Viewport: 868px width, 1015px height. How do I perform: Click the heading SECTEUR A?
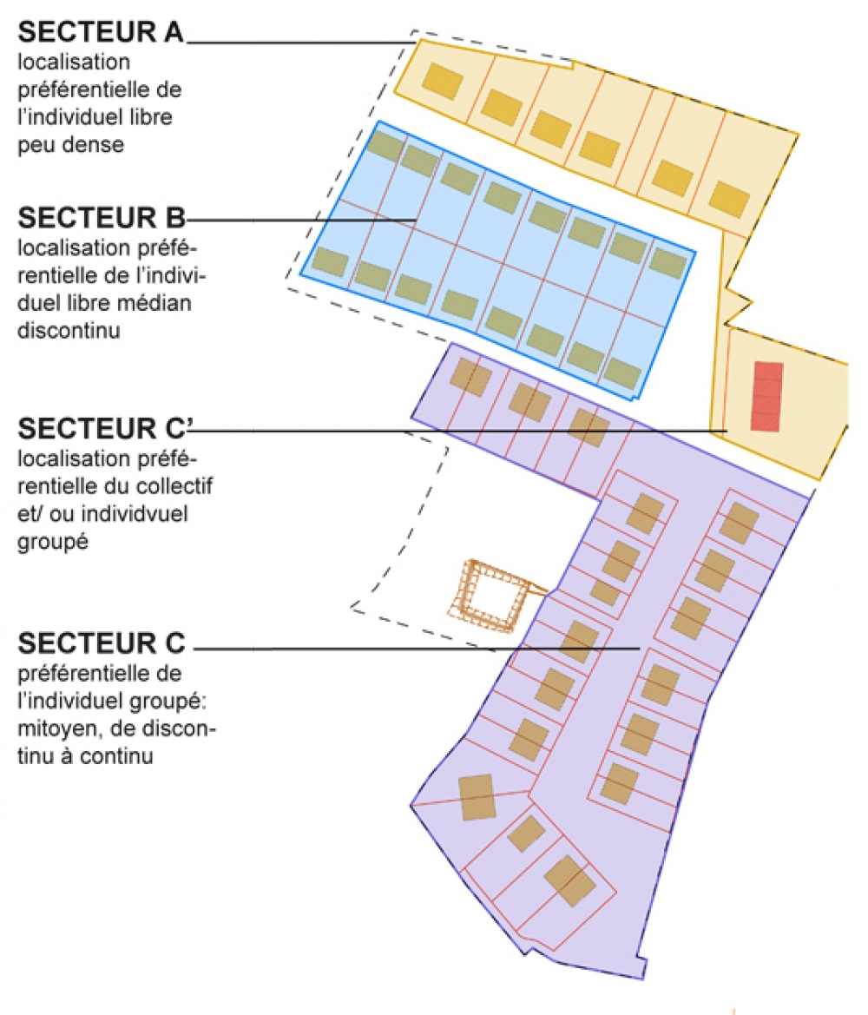coord(101,32)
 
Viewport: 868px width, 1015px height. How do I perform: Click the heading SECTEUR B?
coord(102,217)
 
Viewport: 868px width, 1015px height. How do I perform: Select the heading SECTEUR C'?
coord(105,429)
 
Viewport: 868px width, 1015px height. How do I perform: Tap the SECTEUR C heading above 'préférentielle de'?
coord(102,643)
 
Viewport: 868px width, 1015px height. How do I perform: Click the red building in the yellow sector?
coord(767,396)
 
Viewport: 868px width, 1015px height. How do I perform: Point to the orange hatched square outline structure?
coord(493,595)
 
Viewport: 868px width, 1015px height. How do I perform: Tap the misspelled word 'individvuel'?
coord(135,514)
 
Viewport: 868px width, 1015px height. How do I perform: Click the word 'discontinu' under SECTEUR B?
coord(69,331)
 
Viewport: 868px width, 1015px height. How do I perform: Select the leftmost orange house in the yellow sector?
coord(443,82)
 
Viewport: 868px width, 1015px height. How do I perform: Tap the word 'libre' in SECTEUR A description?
coord(151,117)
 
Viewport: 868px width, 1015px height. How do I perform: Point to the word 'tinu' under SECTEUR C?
coord(36,757)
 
